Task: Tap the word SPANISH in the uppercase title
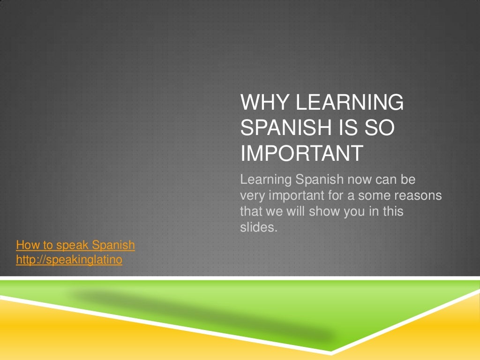[x=284, y=128]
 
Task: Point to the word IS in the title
[x=341, y=128]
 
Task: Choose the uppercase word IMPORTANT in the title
[x=301, y=153]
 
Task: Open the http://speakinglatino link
[x=69, y=260]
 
